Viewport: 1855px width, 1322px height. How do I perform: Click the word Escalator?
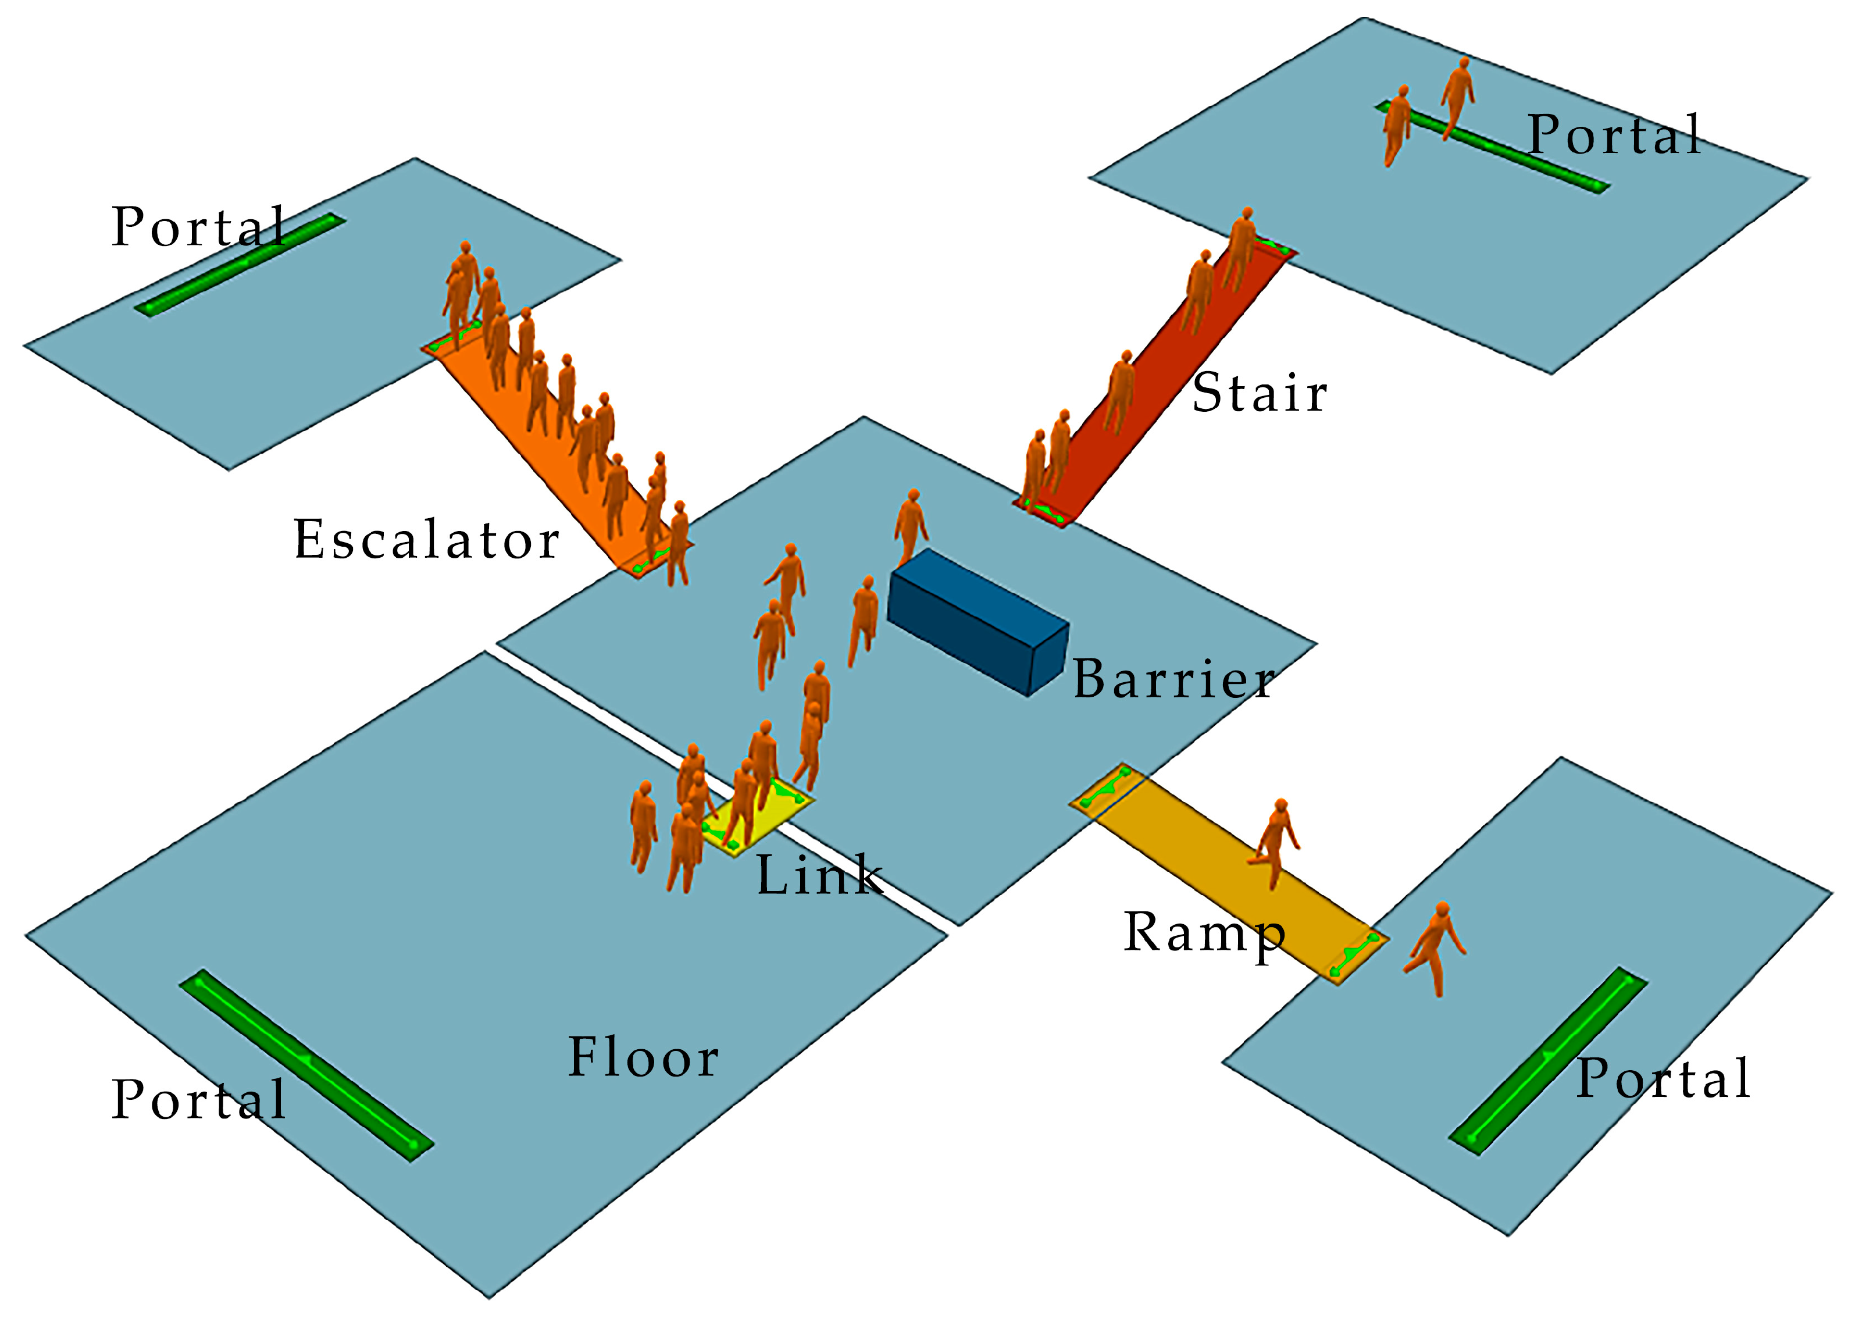point(426,540)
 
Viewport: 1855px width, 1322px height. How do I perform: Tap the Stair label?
point(1258,394)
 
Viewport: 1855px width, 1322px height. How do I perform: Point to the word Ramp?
point(1203,933)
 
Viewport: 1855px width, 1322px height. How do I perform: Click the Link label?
point(819,876)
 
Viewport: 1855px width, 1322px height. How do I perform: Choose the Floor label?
point(643,1059)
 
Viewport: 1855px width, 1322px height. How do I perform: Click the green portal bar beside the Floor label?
point(306,1059)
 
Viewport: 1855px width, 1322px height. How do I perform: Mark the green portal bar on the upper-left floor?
point(240,265)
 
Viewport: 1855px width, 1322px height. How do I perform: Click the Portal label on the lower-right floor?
point(1663,1079)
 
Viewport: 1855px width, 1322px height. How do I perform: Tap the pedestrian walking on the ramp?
point(1274,843)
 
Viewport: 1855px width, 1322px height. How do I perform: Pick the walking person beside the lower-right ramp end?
point(1437,949)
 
